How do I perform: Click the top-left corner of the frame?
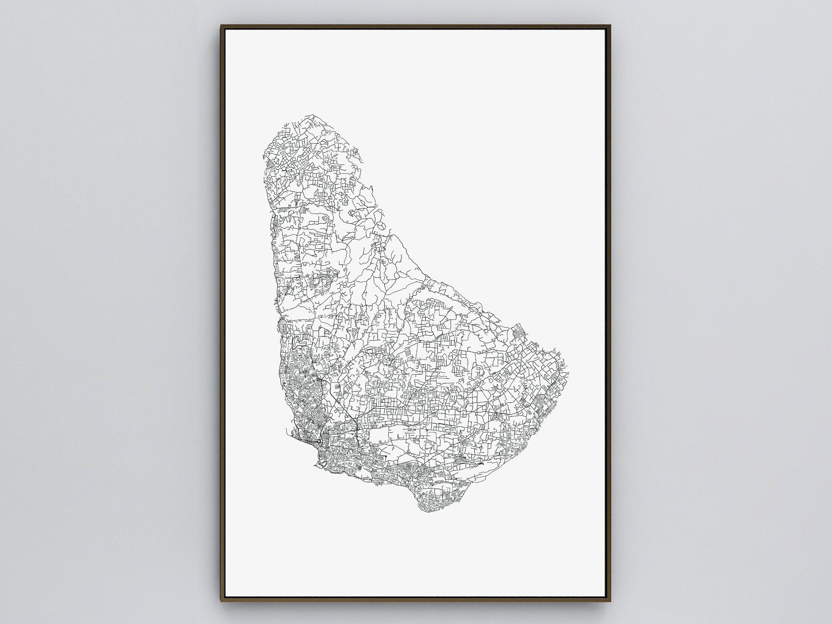pos(221,26)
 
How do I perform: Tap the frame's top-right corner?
pos(611,26)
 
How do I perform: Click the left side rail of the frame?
pos(223,312)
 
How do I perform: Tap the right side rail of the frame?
pos(609,312)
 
